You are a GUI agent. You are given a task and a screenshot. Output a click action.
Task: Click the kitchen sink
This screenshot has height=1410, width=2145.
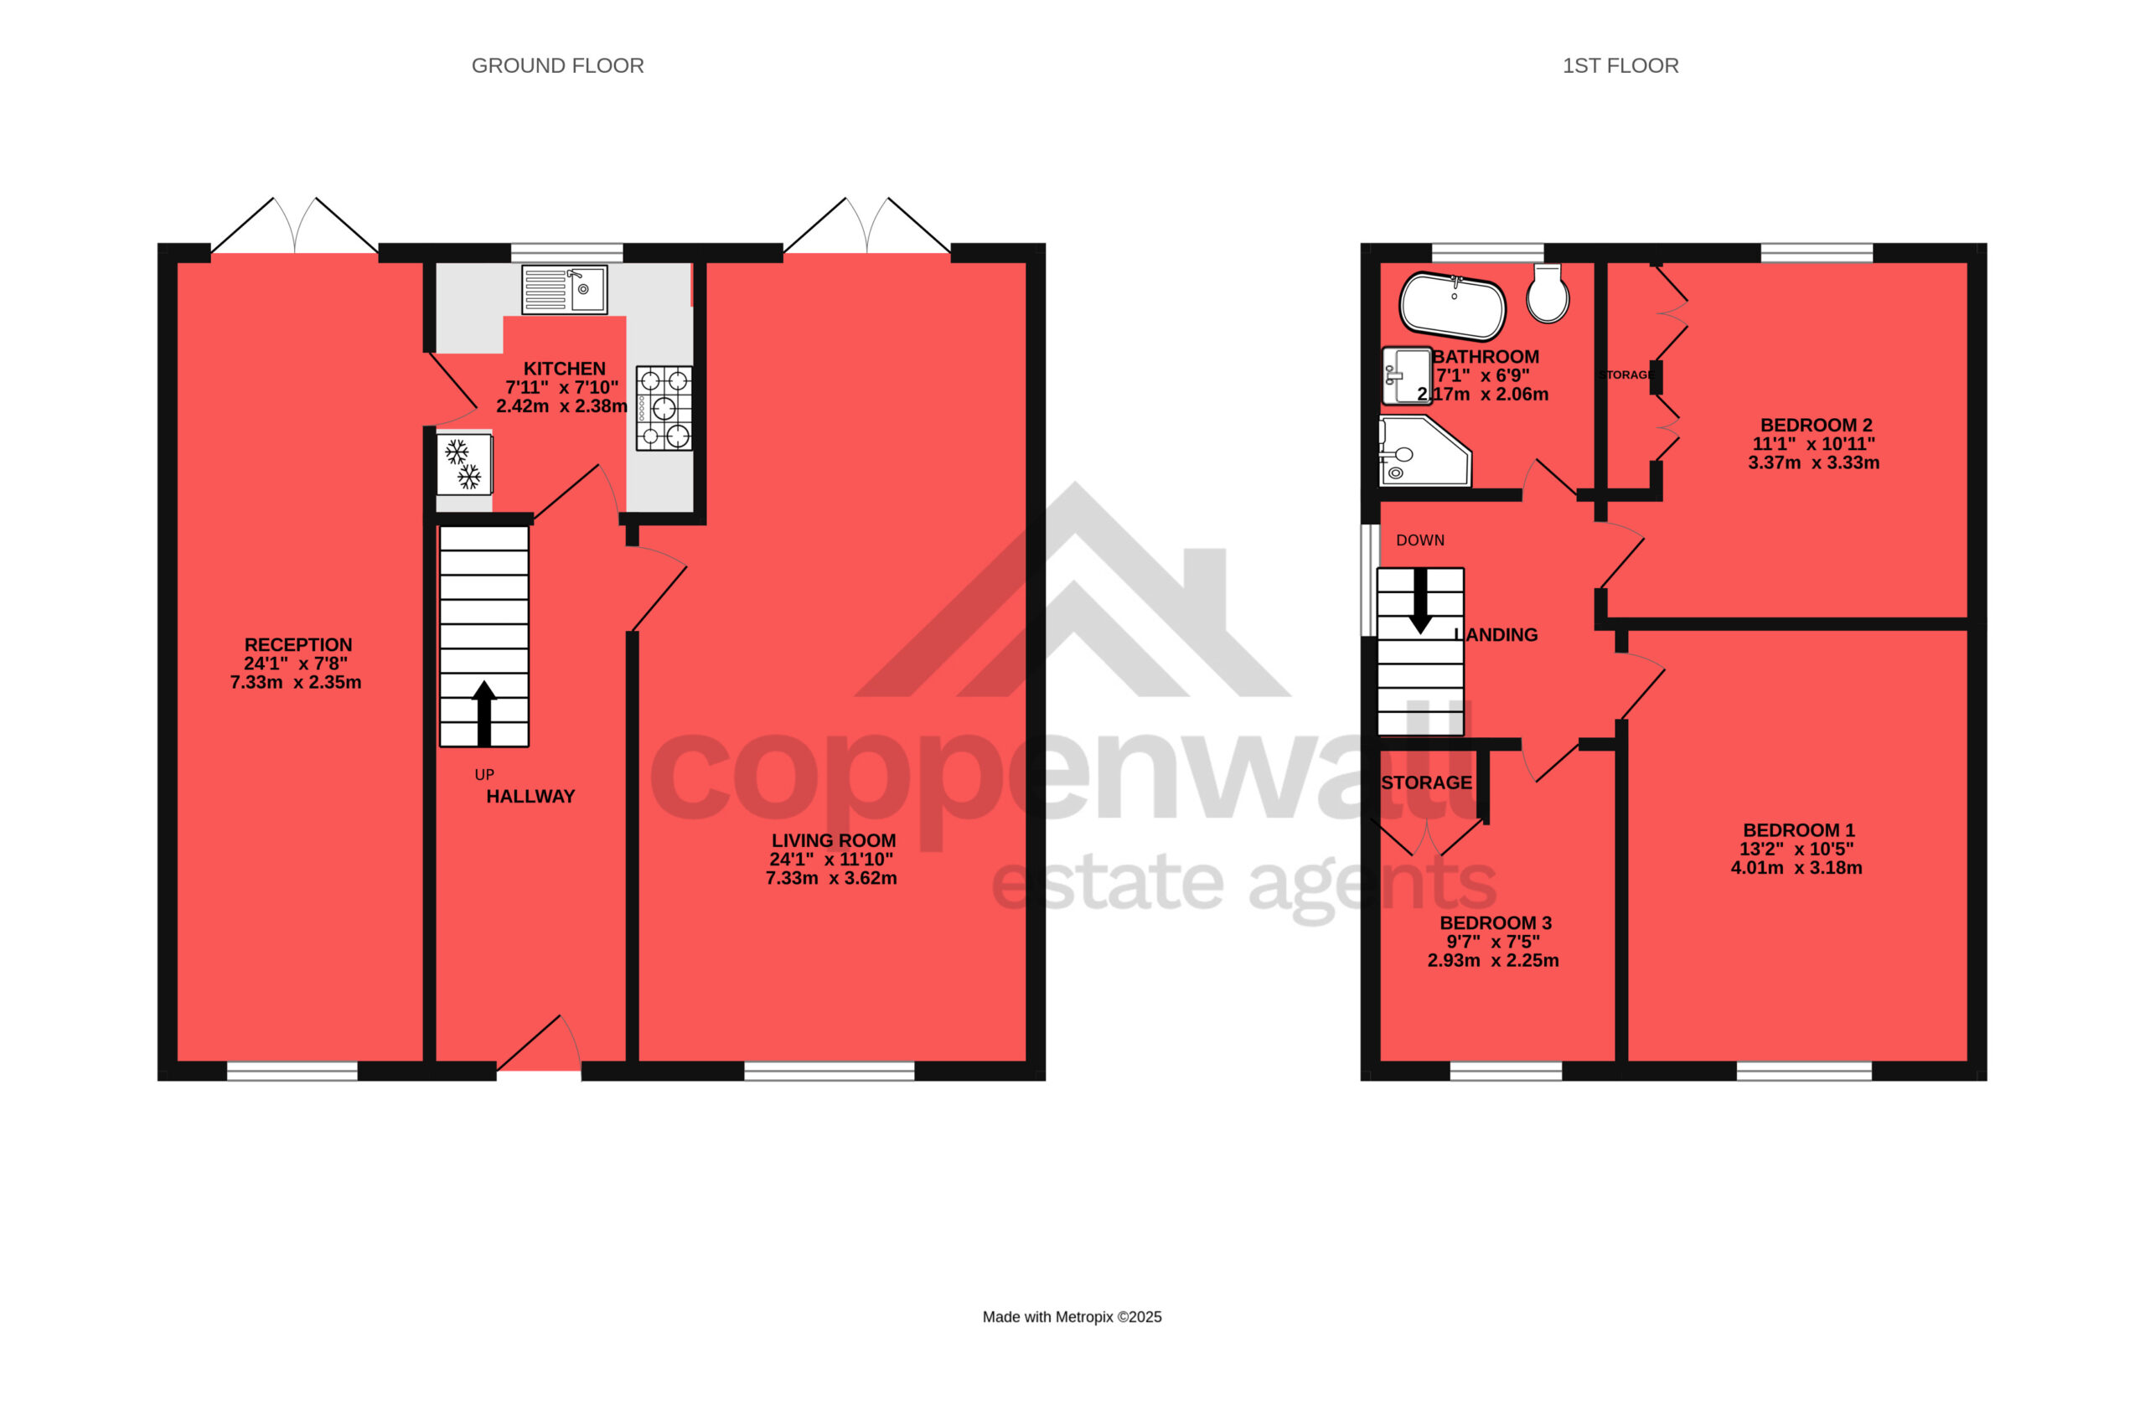click(x=564, y=289)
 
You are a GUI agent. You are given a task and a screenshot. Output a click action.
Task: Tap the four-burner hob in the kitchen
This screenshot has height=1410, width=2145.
click(x=664, y=408)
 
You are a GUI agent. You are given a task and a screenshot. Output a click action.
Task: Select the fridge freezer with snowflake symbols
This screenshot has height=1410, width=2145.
click(x=464, y=464)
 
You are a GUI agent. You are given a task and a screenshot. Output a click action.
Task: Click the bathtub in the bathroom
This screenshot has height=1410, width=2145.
click(x=1452, y=307)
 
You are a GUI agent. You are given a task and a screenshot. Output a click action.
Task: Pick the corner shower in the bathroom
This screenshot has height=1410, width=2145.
click(x=1425, y=452)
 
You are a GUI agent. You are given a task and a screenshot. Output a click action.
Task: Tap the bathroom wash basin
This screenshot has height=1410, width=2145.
click(x=1407, y=375)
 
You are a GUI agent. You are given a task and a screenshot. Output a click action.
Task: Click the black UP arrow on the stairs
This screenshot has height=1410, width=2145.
click(x=484, y=713)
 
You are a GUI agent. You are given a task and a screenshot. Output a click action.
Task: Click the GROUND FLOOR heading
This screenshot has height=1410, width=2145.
click(x=558, y=66)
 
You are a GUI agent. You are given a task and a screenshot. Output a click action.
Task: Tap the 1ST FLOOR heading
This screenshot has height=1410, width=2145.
click(x=1620, y=66)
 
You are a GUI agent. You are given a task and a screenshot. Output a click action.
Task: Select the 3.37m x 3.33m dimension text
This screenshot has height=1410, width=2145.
click(x=1814, y=463)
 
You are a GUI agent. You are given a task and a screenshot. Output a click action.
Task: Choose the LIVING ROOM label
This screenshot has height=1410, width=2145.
click(x=834, y=840)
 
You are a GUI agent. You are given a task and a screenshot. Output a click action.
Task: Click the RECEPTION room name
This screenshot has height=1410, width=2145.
click(x=298, y=645)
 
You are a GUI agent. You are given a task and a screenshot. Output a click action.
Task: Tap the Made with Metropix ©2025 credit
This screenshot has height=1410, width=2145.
click(x=1072, y=1317)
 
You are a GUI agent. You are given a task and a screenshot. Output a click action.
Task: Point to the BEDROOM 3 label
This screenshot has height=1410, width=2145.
click(x=1496, y=923)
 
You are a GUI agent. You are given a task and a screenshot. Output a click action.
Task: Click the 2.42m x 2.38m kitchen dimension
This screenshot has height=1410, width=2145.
click(x=561, y=406)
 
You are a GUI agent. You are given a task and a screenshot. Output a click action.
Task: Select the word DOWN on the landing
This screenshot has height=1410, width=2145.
click(x=1420, y=540)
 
